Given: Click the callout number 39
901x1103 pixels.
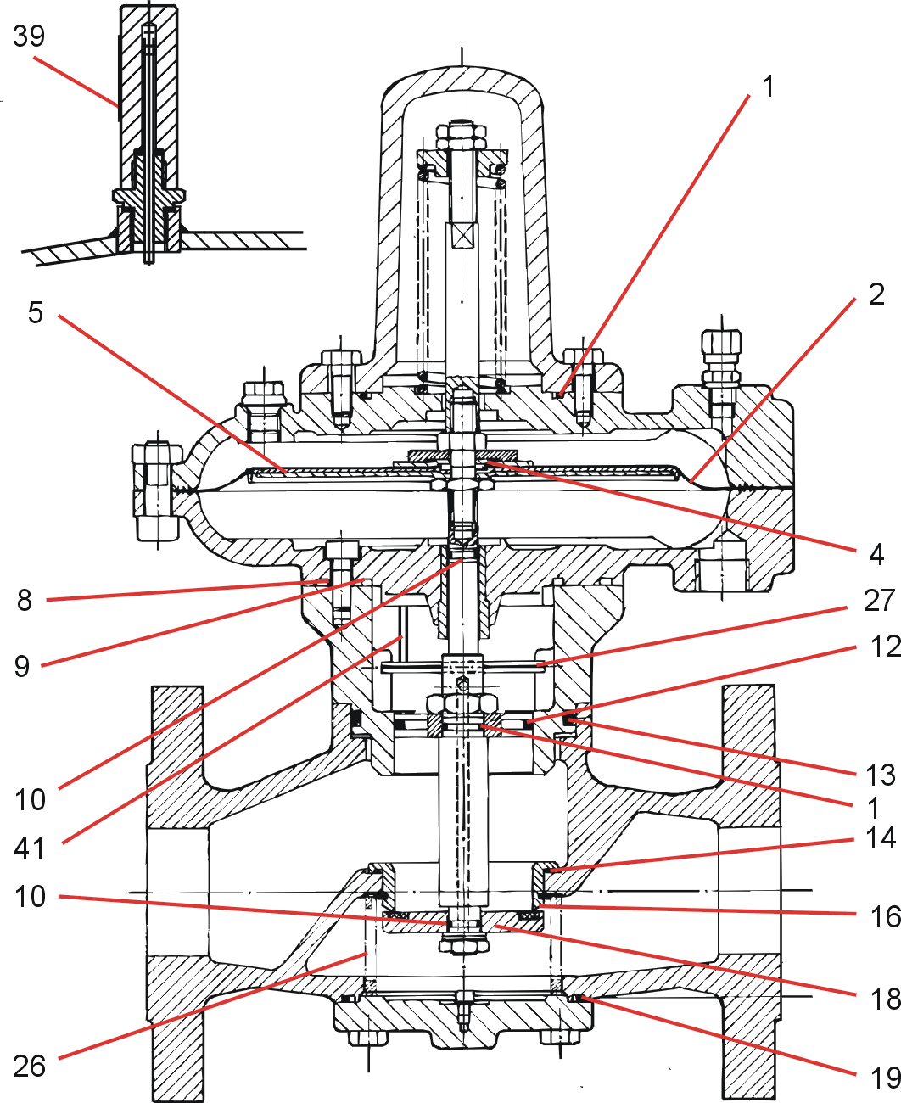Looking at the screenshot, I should point(28,36).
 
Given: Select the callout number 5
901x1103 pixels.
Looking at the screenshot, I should point(35,312).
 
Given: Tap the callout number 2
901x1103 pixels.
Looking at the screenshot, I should point(876,294).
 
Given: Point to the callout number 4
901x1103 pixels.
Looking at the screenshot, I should point(876,555).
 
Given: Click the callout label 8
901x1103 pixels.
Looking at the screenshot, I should point(25,601).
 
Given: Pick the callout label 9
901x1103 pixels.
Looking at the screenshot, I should point(22,666).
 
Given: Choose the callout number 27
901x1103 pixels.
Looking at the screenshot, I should point(879,601).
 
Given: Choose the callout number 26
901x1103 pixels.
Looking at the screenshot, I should point(30,1066).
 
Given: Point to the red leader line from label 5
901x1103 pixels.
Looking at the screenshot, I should point(170,390).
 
